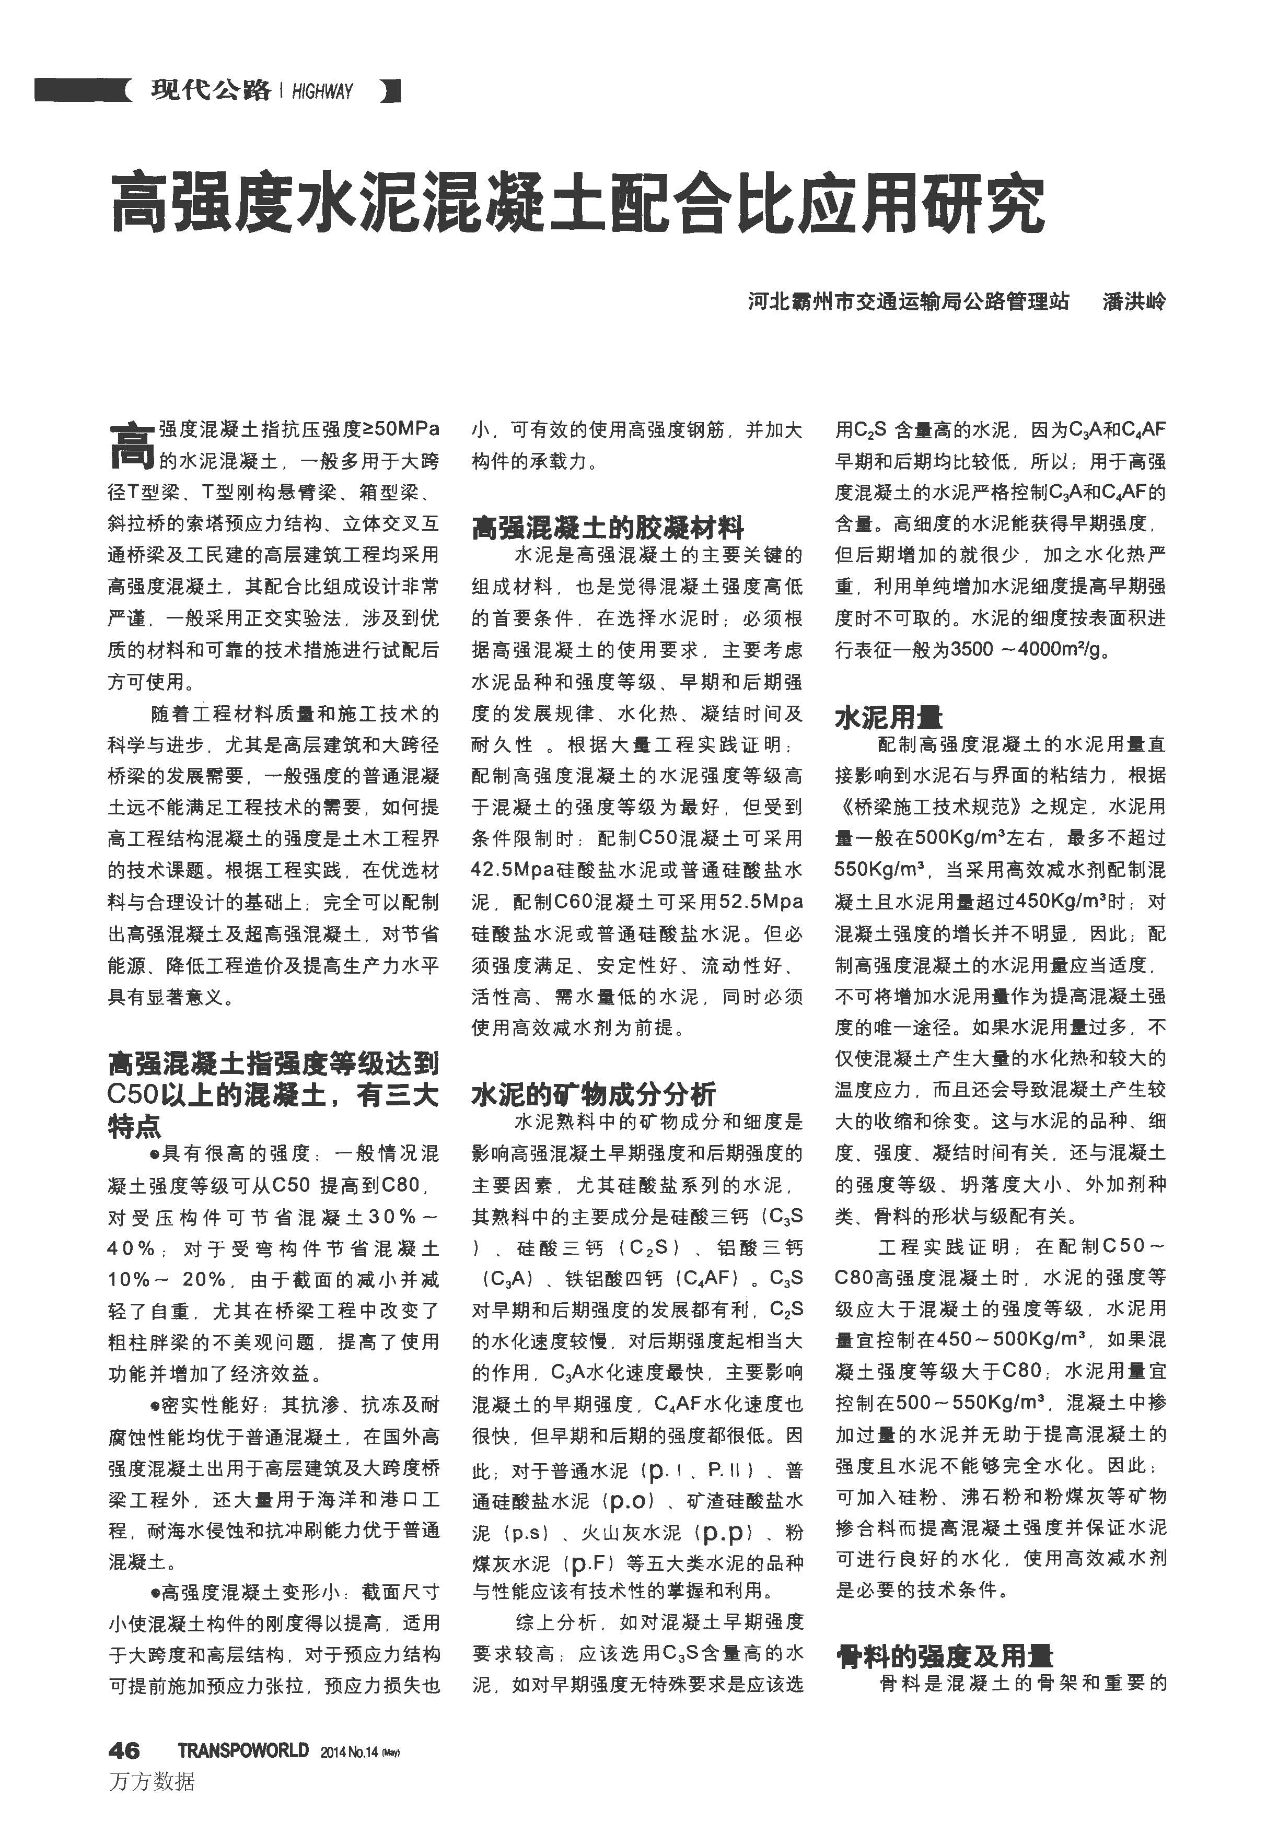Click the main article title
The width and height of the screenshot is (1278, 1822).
(x=577, y=205)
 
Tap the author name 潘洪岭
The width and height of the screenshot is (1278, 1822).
(x=1133, y=301)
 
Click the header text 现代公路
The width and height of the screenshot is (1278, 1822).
(x=211, y=90)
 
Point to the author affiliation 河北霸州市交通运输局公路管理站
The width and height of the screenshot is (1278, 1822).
(x=908, y=301)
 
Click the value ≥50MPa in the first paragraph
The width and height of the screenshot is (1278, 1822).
(x=401, y=429)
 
